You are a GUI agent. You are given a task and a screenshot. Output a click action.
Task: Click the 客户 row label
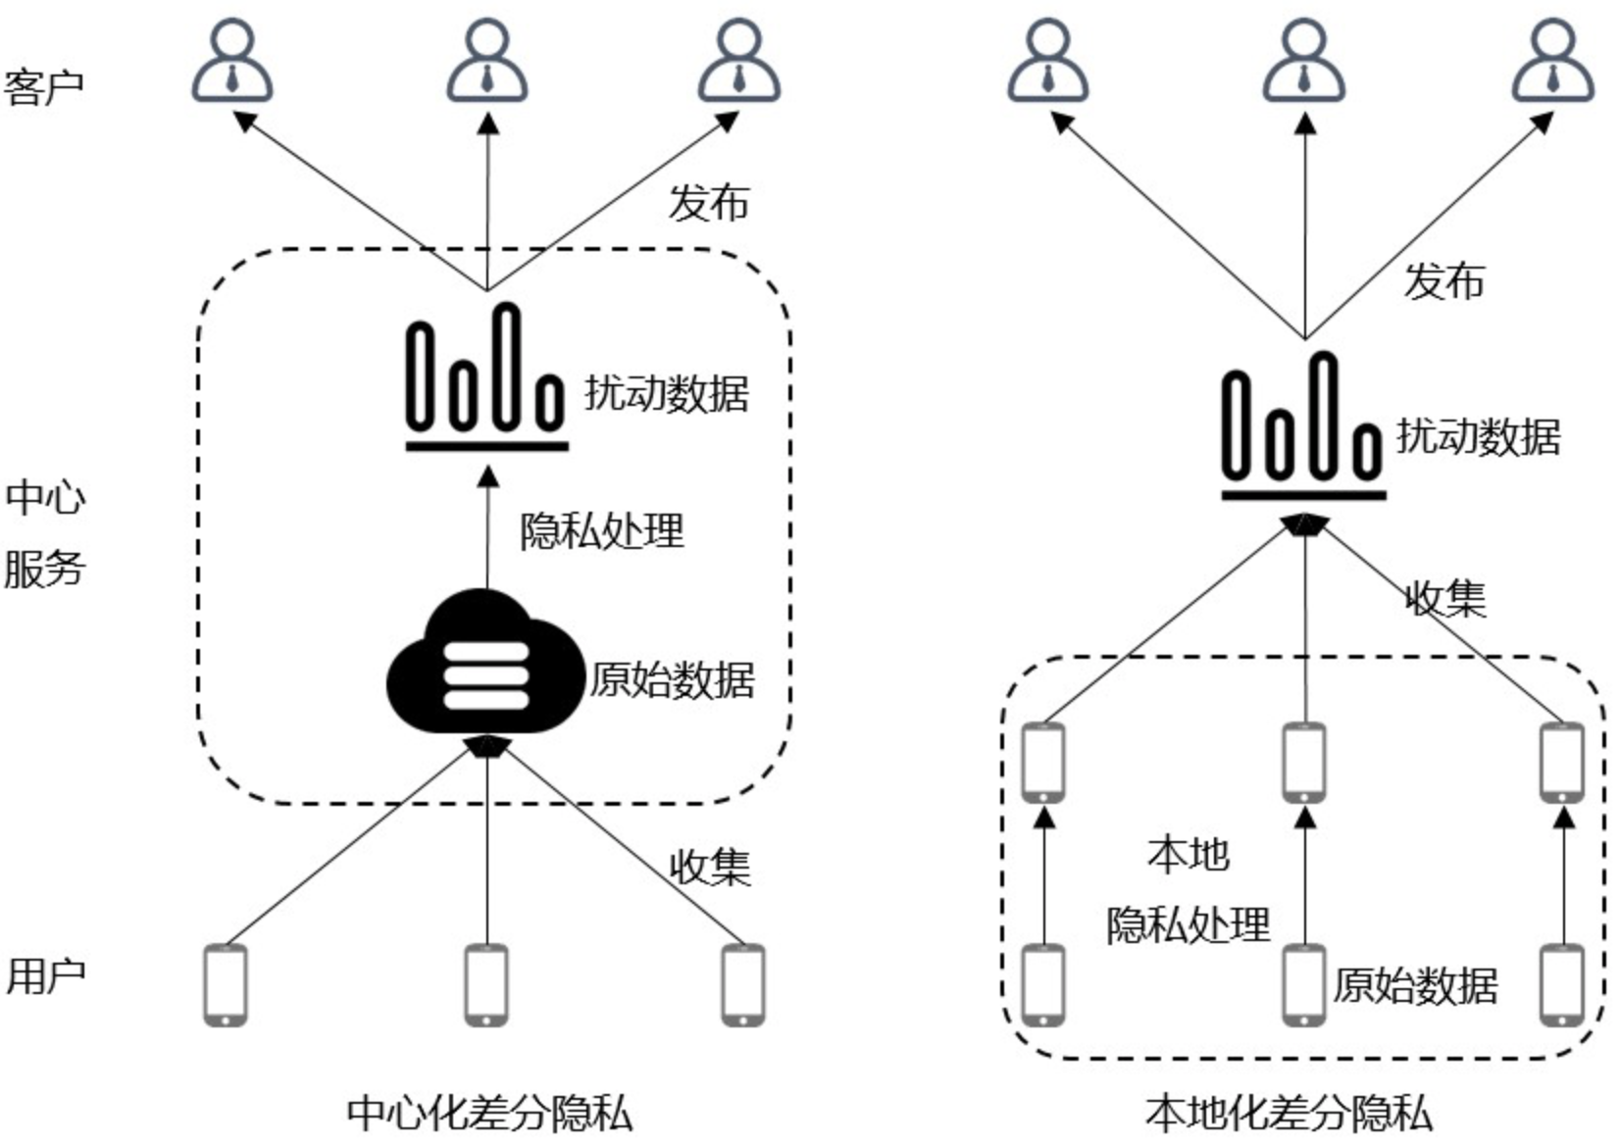(43, 87)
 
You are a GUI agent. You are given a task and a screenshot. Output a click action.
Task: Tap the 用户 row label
(46, 976)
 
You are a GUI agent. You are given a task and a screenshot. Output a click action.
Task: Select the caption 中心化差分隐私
(488, 1114)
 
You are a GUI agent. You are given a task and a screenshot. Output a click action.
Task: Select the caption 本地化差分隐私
(1288, 1114)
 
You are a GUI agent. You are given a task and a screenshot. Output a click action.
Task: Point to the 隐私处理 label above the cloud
(601, 531)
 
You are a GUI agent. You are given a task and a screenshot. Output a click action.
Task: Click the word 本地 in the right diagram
(1188, 854)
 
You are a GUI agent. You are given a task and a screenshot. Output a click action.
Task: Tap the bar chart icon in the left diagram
(486, 377)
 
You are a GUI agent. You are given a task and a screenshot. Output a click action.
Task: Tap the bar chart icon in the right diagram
(1303, 426)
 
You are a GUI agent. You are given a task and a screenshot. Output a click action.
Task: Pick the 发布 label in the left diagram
(708, 203)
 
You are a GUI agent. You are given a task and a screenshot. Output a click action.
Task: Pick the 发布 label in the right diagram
(1443, 281)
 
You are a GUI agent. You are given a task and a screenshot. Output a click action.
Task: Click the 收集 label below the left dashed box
(709, 867)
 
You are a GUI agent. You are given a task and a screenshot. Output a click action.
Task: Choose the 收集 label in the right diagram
(1445, 598)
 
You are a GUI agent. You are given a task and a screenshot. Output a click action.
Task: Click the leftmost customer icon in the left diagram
(231, 62)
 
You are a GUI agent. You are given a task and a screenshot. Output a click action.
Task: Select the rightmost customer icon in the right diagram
(1553, 62)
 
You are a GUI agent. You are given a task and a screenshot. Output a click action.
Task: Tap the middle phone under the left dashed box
(486, 984)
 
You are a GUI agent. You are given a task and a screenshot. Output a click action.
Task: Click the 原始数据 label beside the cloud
(672, 680)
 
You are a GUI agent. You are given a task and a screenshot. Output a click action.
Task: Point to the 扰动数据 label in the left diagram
(667, 393)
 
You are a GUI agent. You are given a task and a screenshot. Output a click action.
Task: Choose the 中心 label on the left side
(45, 497)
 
